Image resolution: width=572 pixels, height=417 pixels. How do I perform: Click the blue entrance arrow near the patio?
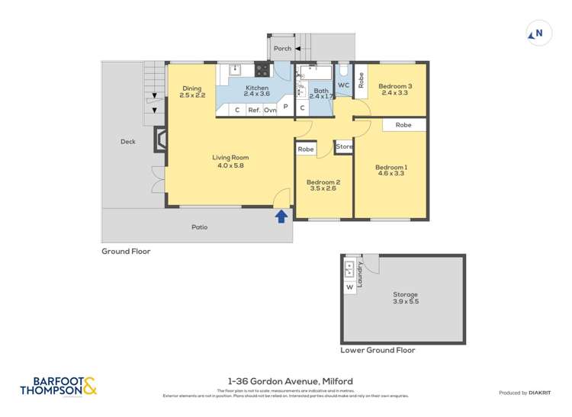pyautogui.click(x=281, y=216)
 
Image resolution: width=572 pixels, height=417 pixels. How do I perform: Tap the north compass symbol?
pyautogui.click(x=538, y=34)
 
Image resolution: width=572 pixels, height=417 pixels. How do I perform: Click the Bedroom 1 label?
pyautogui.click(x=390, y=170)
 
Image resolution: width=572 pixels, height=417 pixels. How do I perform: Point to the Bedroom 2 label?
pyautogui.click(x=323, y=185)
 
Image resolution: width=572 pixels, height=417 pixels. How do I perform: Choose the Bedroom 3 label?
pyautogui.click(x=395, y=90)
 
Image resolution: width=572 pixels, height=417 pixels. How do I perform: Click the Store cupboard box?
pyautogui.click(x=344, y=146)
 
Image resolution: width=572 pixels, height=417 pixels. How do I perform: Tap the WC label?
pyautogui.click(x=343, y=85)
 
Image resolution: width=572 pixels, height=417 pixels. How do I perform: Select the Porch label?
pyautogui.click(x=282, y=48)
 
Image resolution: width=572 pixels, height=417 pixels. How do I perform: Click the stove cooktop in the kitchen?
pyautogui.click(x=262, y=70)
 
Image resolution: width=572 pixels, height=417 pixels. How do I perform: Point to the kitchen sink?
pyautogui.click(x=236, y=70)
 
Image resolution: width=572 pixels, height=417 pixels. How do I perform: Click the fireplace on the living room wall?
pyautogui.click(x=161, y=141)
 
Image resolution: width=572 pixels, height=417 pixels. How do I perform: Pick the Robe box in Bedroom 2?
pyautogui.click(x=307, y=149)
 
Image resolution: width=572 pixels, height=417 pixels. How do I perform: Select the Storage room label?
pyautogui.click(x=405, y=297)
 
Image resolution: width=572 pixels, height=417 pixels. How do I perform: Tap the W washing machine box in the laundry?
pyautogui.click(x=350, y=287)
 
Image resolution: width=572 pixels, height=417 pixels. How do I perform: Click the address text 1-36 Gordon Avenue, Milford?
pyautogui.click(x=290, y=381)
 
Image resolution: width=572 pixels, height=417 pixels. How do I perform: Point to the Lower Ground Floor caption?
pyautogui.click(x=378, y=350)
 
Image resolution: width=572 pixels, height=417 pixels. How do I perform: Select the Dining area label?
pyautogui.click(x=192, y=92)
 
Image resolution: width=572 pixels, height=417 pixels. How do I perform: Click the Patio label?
pyautogui.click(x=199, y=227)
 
